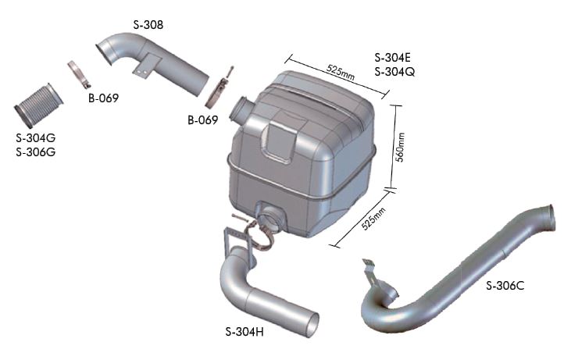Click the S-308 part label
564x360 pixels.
[x=148, y=25]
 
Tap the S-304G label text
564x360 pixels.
[x=36, y=137]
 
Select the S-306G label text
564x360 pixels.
[x=36, y=152]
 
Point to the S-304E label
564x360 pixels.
[x=393, y=57]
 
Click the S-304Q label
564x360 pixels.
[x=394, y=72]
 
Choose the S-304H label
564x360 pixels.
[x=245, y=332]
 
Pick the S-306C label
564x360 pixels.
[x=505, y=286]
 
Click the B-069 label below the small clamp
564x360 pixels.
[x=104, y=98]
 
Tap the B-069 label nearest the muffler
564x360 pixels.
[x=203, y=119]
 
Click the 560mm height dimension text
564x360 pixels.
[x=400, y=148]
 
